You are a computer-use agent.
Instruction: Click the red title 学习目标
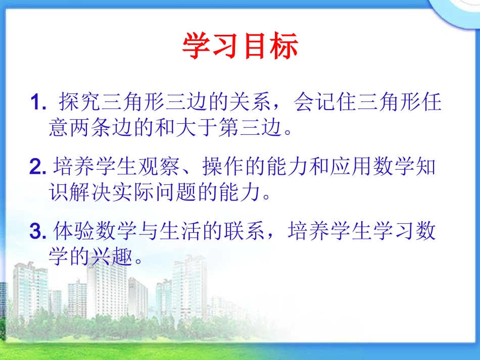(x=240, y=47)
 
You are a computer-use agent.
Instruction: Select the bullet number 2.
(x=38, y=167)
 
